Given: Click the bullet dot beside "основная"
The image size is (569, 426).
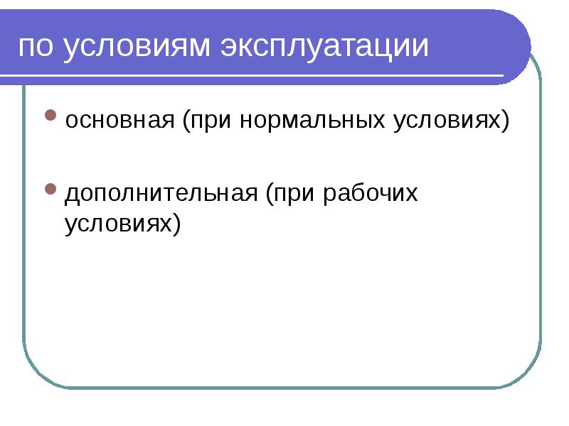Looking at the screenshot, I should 50,114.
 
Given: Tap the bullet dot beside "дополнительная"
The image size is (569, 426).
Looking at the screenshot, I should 50,189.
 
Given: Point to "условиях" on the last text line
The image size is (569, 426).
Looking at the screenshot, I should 117,224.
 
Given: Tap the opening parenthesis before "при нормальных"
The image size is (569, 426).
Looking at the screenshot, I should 185,121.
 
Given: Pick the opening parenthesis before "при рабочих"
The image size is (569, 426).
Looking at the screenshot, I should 272,195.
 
